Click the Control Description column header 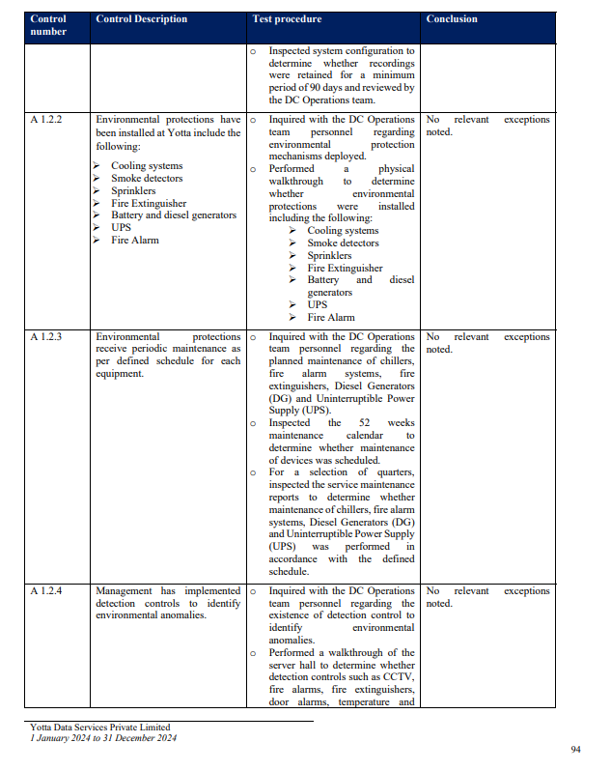click(141, 19)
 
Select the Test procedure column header click(287, 19)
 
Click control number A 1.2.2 click(46, 120)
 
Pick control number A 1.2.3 click(46, 337)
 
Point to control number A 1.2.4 click(46, 591)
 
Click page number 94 click(576, 749)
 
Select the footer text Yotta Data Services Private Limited click(99, 728)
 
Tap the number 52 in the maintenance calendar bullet click(364, 423)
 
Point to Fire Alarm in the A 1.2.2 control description click(135, 240)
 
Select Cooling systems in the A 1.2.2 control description click(147, 166)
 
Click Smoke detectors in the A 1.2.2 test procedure click(343, 243)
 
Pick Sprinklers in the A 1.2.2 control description click(133, 191)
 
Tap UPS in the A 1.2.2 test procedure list click(318, 304)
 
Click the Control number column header click(48, 25)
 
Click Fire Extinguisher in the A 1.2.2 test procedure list click(345, 268)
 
